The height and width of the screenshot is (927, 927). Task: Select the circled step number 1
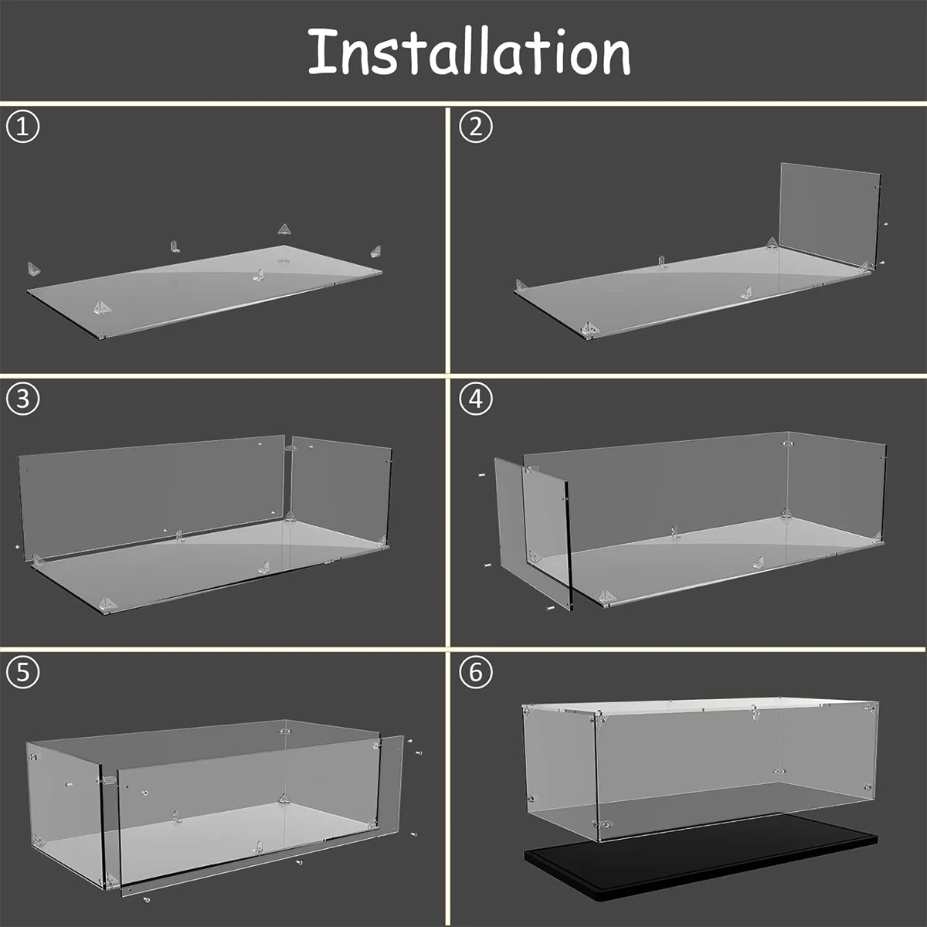(22, 127)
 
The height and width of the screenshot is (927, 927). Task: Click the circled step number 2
(475, 127)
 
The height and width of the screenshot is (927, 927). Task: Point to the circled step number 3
(22, 399)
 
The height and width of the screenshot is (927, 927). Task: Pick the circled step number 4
(475, 399)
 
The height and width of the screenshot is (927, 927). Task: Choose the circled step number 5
(22, 672)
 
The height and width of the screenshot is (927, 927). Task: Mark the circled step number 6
(475, 672)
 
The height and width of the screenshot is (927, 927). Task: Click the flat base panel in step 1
(209, 290)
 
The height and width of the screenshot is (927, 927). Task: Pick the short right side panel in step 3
(340, 487)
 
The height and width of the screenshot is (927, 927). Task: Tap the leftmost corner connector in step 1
(35, 269)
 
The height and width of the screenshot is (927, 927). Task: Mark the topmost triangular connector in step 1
(285, 229)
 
